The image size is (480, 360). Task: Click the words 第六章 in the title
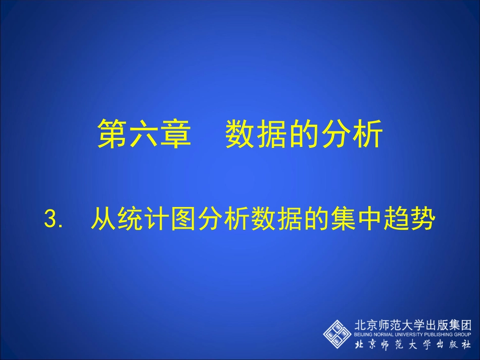click(x=144, y=134)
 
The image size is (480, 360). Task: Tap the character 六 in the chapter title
click(x=144, y=134)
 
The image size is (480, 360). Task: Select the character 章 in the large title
click(x=175, y=134)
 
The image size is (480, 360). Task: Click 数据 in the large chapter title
click(x=257, y=134)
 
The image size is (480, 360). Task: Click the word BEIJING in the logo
click(x=363, y=334)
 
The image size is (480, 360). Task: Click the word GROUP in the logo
click(x=463, y=334)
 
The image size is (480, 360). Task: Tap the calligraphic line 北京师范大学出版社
click(x=413, y=345)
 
